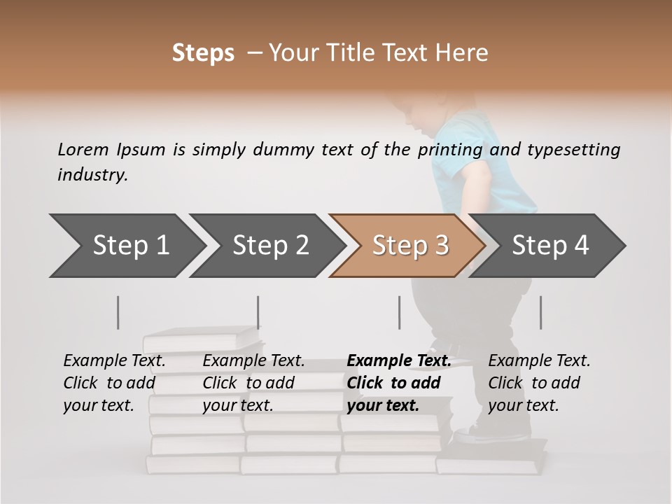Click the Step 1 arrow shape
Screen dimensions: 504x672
click(x=126, y=245)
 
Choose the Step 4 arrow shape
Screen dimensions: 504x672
click(x=549, y=245)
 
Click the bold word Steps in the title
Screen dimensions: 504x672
click(x=203, y=52)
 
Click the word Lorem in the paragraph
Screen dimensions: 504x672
click(x=83, y=149)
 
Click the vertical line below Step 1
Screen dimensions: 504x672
click(x=118, y=312)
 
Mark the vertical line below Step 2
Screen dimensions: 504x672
click(x=258, y=312)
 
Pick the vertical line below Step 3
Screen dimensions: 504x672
click(x=399, y=312)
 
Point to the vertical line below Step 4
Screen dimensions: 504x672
click(x=540, y=312)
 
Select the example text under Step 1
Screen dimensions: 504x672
click(x=114, y=382)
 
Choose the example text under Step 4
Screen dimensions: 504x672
click(x=538, y=382)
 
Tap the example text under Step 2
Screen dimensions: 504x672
click(x=253, y=382)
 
